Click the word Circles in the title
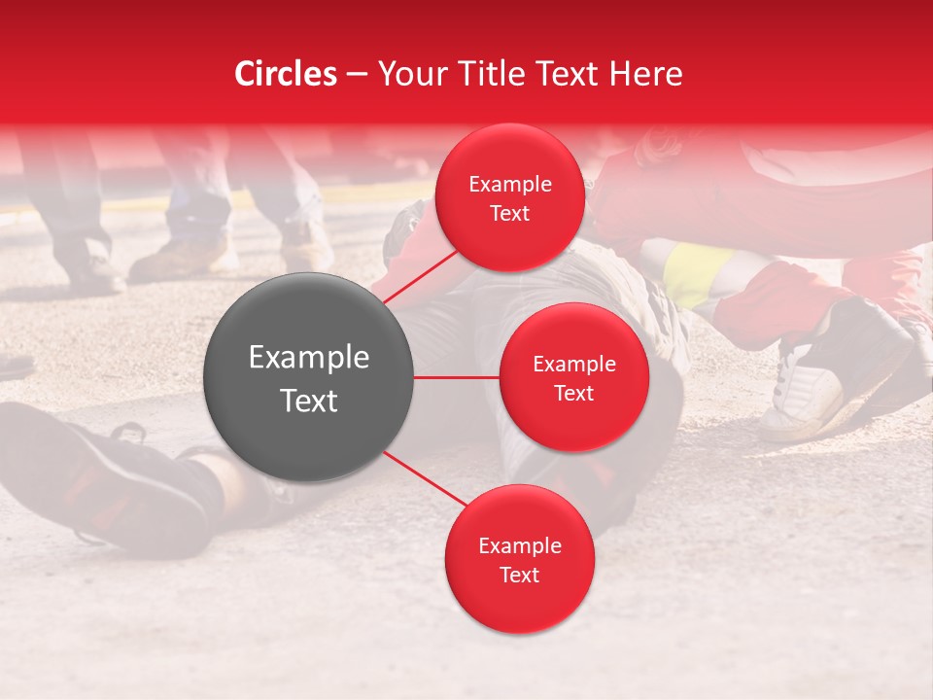pyautogui.click(x=286, y=74)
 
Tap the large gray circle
pyautogui.click(x=309, y=377)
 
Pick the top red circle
pyautogui.click(x=509, y=197)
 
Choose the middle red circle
pyautogui.click(x=573, y=377)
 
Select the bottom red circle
pyautogui.click(x=519, y=559)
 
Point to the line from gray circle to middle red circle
pyautogui.click(x=457, y=377)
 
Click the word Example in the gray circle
pyautogui.click(x=309, y=358)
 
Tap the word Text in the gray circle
pyautogui.click(x=309, y=401)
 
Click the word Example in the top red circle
pyautogui.click(x=510, y=184)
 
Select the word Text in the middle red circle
pyautogui.click(x=573, y=393)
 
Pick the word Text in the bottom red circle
pyautogui.click(x=519, y=575)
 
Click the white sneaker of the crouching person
pyautogui.click(x=802, y=394)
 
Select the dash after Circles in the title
pyautogui.click(x=356, y=75)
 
